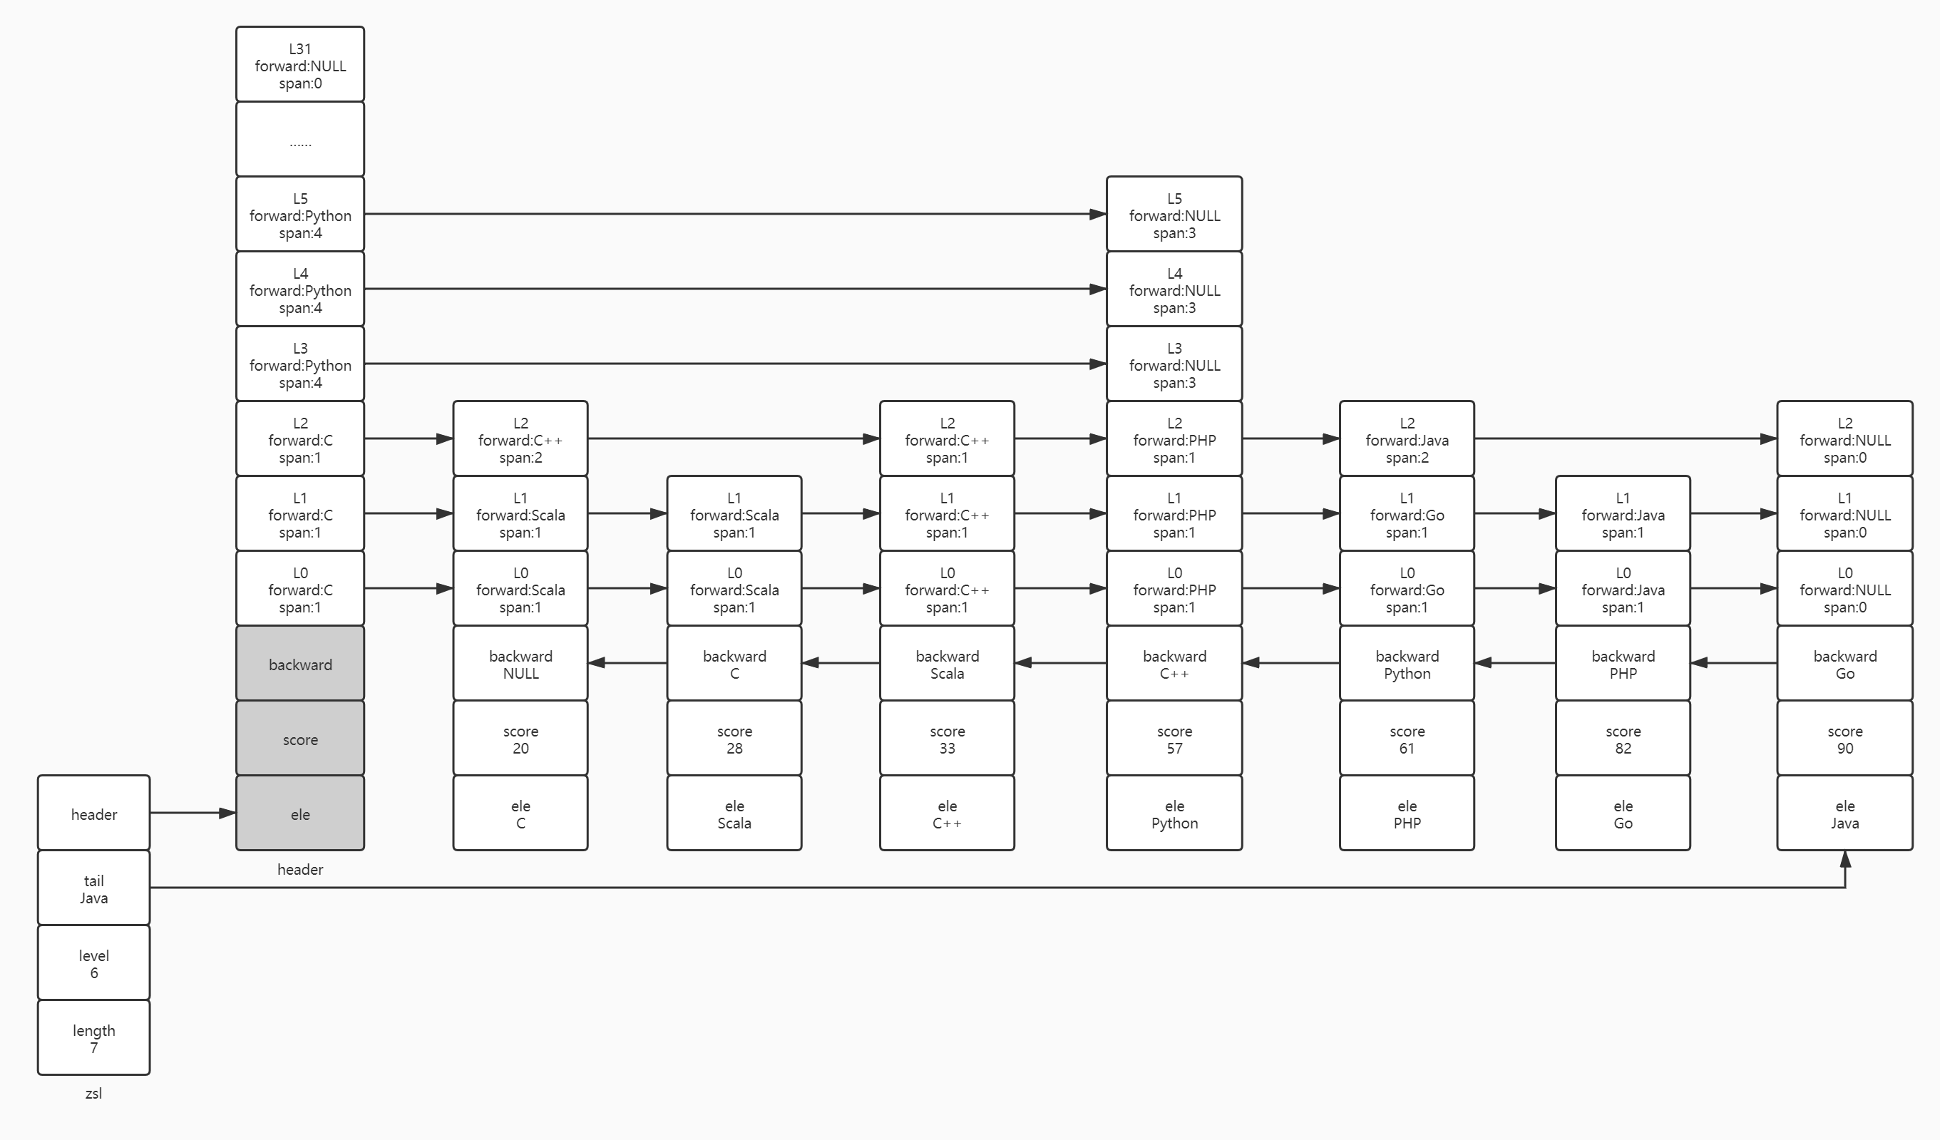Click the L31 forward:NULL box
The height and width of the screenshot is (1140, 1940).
click(x=300, y=64)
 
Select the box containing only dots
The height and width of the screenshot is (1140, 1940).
click(x=300, y=139)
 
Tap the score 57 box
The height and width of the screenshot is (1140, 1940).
click(x=1174, y=738)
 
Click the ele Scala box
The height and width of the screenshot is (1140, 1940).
click(x=734, y=813)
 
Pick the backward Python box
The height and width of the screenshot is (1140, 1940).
click(x=1407, y=664)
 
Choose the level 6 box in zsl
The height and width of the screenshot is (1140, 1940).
click(x=94, y=963)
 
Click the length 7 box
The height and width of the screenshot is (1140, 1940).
click(x=94, y=1037)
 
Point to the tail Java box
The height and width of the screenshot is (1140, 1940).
click(x=94, y=888)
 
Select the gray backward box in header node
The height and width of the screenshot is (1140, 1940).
click(x=300, y=664)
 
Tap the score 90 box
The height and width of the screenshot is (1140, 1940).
click(x=1844, y=738)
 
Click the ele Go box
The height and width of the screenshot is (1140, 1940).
click(x=1623, y=813)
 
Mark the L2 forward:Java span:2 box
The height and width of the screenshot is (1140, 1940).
click(x=1407, y=438)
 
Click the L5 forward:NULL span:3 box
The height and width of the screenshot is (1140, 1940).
click(x=1174, y=214)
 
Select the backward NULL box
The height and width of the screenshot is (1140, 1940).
click(x=520, y=664)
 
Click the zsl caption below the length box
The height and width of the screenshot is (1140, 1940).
click(x=94, y=1093)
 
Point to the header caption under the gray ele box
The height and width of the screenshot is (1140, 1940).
click(x=300, y=870)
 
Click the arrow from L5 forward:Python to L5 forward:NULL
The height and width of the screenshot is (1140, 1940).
click(x=735, y=214)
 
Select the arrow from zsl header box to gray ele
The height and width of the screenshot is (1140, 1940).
click(x=193, y=813)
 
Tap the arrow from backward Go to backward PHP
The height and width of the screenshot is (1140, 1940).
click(x=1734, y=663)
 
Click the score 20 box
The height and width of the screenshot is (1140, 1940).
click(x=520, y=738)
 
